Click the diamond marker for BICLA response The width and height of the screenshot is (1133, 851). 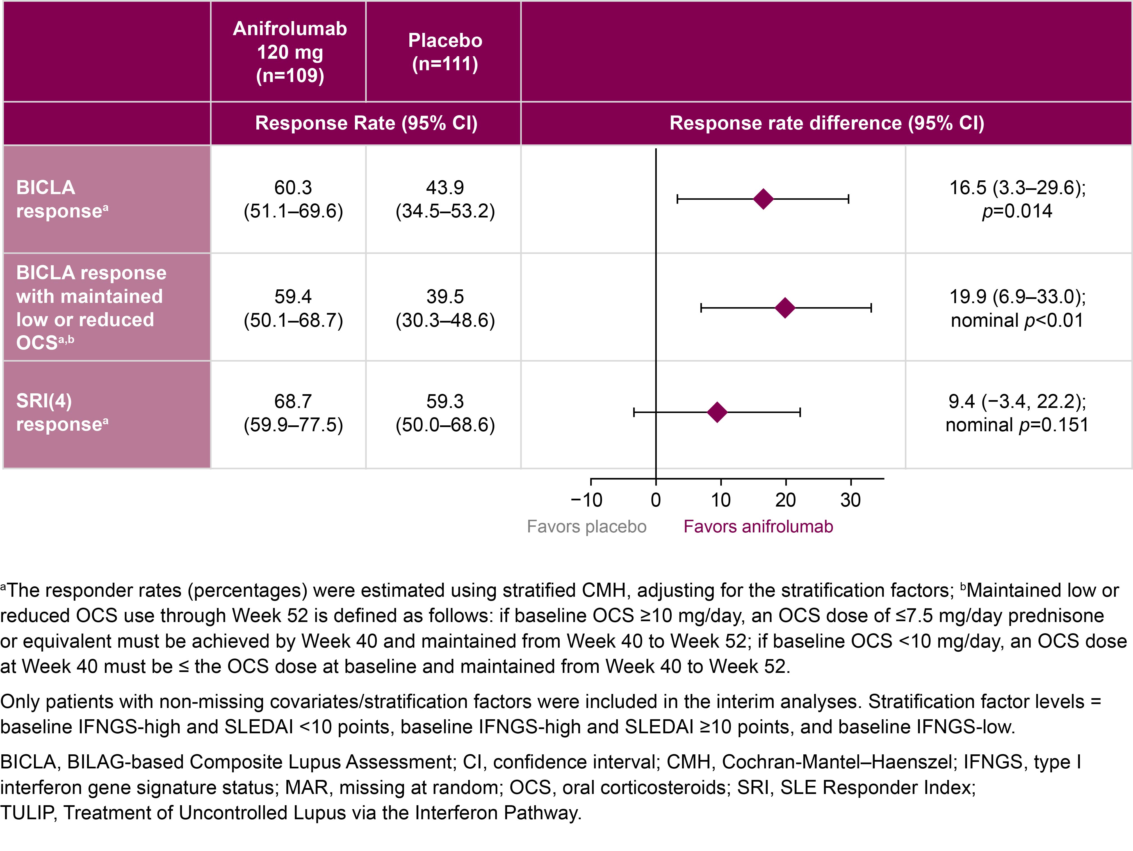[763, 199]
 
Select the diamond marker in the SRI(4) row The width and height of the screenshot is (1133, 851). [717, 412]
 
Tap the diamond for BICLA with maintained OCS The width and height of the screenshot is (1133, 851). [785, 308]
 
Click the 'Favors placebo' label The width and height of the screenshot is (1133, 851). [587, 527]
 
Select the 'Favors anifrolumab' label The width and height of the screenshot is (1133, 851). [758, 527]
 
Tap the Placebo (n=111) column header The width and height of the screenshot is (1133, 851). [444, 52]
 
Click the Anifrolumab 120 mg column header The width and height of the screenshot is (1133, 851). [289, 52]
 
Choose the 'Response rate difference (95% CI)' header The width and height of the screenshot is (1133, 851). [827, 123]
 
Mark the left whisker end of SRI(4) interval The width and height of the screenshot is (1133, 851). [634, 412]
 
